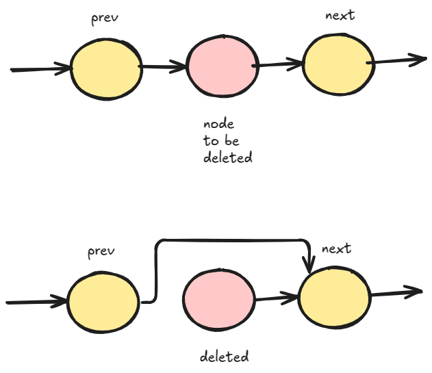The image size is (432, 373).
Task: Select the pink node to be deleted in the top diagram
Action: (223, 67)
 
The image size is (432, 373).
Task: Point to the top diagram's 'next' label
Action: (340, 15)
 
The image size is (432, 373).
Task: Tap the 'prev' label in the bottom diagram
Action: (101, 252)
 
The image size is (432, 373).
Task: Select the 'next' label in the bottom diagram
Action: (336, 248)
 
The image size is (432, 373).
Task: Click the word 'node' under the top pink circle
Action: (219, 125)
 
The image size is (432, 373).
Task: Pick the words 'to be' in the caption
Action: (220, 141)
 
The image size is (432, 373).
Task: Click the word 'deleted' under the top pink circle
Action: (228, 157)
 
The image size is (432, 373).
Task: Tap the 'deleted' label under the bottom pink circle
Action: (225, 357)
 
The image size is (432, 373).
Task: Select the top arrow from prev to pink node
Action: (164, 67)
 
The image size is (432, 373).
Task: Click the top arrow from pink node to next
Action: (279, 65)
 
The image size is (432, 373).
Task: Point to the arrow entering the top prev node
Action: (41, 69)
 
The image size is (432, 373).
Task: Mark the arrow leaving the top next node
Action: (397, 60)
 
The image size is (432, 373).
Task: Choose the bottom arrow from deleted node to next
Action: (277, 298)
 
